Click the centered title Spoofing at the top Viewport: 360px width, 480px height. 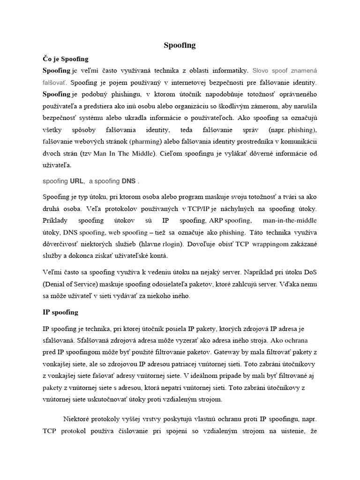[x=180, y=45]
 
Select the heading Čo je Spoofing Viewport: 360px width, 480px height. [x=66, y=60]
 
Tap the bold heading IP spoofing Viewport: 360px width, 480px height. [x=60, y=312]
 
